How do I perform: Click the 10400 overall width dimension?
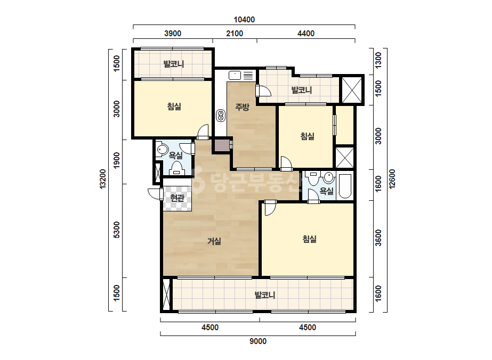pyautogui.click(x=244, y=20)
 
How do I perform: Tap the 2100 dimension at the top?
pyautogui.click(x=235, y=33)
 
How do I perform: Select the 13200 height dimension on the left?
pyautogui.click(x=103, y=179)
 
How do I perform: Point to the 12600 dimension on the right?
pyautogui.click(x=392, y=179)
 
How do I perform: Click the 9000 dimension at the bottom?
pyautogui.click(x=258, y=341)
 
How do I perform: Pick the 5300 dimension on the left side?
pyautogui.click(x=117, y=230)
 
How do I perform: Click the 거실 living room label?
pyautogui.click(x=214, y=241)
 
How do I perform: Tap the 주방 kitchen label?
pyautogui.click(x=242, y=107)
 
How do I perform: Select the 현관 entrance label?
pyautogui.click(x=177, y=198)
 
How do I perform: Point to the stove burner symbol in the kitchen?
pyautogui.click(x=221, y=115)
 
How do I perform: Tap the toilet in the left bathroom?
pyautogui.click(x=176, y=168)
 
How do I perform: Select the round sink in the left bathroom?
pyautogui.click(x=163, y=150)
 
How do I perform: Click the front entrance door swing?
pyautogui.click(x=155, y=194)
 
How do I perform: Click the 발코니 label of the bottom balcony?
pyautogui.click(x=265, y=295)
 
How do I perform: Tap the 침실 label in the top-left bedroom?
pyautogui.click(x=174, y=107)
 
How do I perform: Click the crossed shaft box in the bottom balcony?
pyautogui.click(x=166, y=294)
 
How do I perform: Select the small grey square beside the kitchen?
pyautogui.click(x=222, y=146)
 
